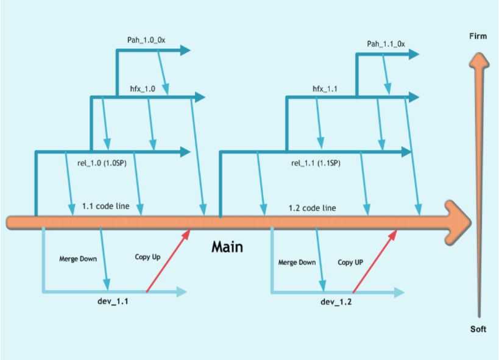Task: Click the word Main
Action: (x=227, y=247)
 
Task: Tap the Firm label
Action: (x=478, y=37)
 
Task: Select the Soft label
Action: (x=478, y=329)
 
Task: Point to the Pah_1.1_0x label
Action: (x=386, y=44)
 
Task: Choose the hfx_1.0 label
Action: (x=143, y=89)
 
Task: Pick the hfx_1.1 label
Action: (x=325, y=89)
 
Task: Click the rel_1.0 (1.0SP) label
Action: (x=102, y=163)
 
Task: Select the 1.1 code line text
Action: (x=105, y=206)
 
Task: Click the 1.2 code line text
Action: (x=312, y=208)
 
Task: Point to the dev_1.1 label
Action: (x=114, y=301)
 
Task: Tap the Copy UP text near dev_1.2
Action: (x=351, y=263)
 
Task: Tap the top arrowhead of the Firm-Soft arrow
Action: (x=479, y=56)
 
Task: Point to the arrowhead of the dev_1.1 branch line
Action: (x=181, y=292)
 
